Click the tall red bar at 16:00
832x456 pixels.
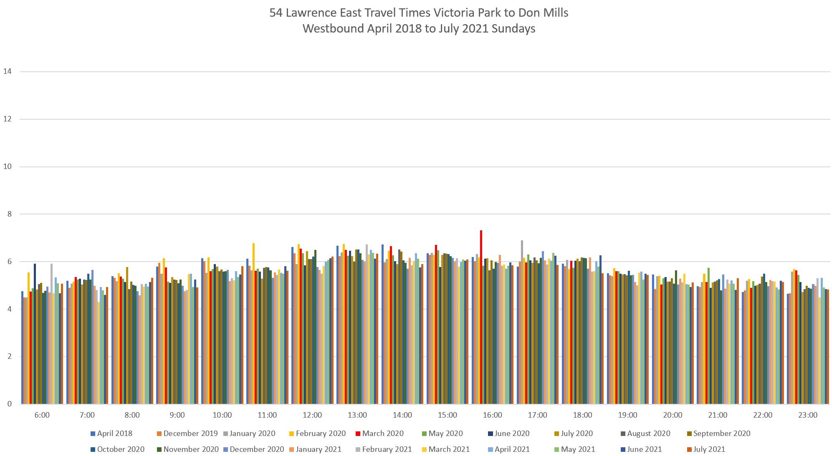tap(481, 317)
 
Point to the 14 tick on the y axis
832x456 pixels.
tap(7, 71)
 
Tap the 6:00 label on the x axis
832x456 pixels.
tap(42, 415)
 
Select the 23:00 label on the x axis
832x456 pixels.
tap(808, 415)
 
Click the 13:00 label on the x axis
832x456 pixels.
tap(357, 415)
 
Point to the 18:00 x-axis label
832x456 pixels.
tap(582, 415)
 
